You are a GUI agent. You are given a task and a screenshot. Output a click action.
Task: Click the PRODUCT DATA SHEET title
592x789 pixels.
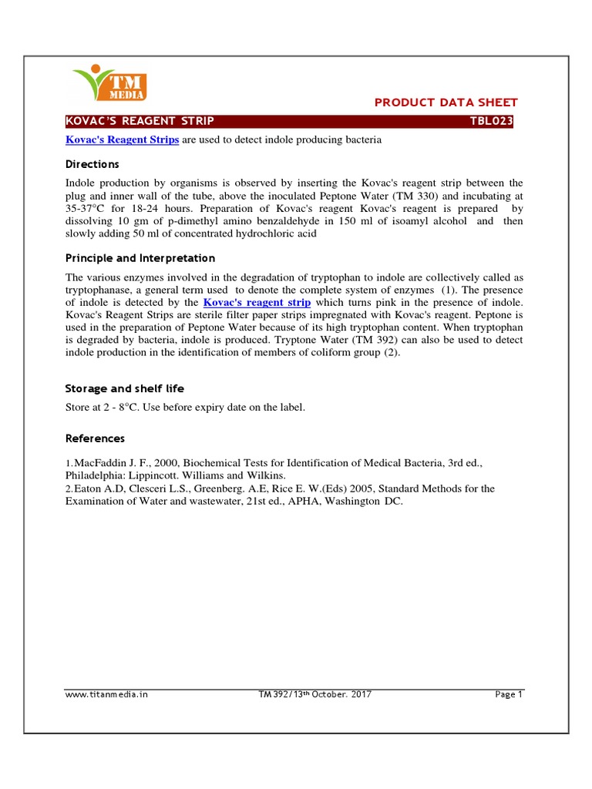(x=446, y=102)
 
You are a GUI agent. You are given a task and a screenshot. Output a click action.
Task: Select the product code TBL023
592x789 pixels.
(x=492, y=122)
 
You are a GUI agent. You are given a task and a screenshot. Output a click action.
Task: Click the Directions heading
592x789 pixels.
(x=92, y=164)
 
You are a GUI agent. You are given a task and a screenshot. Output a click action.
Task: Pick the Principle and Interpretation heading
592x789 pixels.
(x=140, y=258)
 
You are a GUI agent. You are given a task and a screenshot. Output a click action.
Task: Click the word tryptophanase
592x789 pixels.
(x=101, y=290)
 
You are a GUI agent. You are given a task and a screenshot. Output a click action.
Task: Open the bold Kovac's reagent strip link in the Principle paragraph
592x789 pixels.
(x=257, y=303)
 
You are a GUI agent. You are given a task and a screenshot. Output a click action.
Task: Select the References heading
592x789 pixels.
(x=94, y=438)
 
